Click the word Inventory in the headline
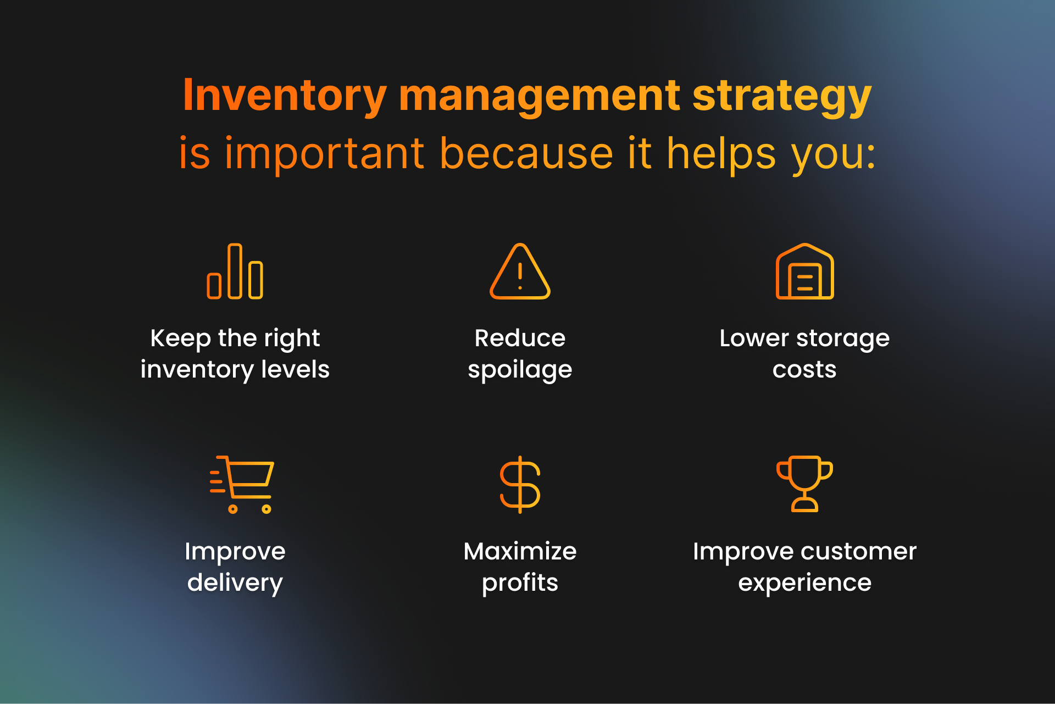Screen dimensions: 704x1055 (x=285, y=96)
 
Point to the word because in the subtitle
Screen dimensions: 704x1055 (x=526, y=153)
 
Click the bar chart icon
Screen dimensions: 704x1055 (x=235, y=271)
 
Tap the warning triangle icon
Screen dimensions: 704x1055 (x=520, y=271)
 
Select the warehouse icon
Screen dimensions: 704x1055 (x=804, y=271)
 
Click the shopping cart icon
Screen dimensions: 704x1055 (x=242, y=484)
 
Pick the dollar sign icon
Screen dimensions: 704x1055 (x=520, y=484)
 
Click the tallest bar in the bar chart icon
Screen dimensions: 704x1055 (x=235, y=271)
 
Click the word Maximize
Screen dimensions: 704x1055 (x=520, y=551)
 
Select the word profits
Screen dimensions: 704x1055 (x=520, y=583)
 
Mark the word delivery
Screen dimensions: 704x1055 (x=235, y=583)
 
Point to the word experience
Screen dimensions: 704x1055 (x=804, y=583)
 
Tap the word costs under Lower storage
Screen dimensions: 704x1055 (x=804, y=370)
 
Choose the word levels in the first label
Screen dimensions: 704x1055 (x=295, y=369)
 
